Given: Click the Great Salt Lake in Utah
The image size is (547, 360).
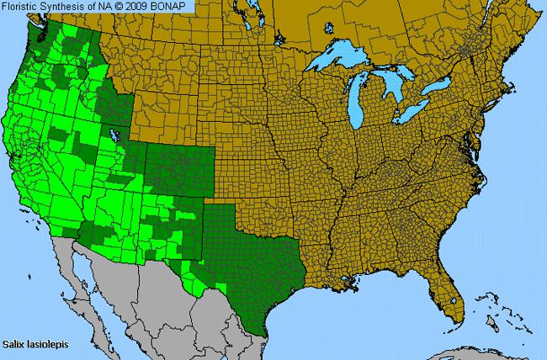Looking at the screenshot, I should point(114,135).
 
